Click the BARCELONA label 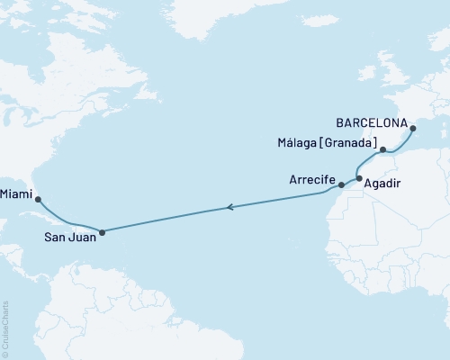pyautogui.click(x=373, y=121)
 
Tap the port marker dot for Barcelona pyautogui.click(x=413, y=129)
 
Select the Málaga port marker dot pyautogui.click(x=382, y=150)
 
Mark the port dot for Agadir pyautogui.click(x=359, y=179)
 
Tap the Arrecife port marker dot pyautogui.click(x=341, y=185)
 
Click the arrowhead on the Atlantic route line pyautogui.click(x=230, y=208)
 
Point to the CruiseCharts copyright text pyautogui.click(x=6, y=329)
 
